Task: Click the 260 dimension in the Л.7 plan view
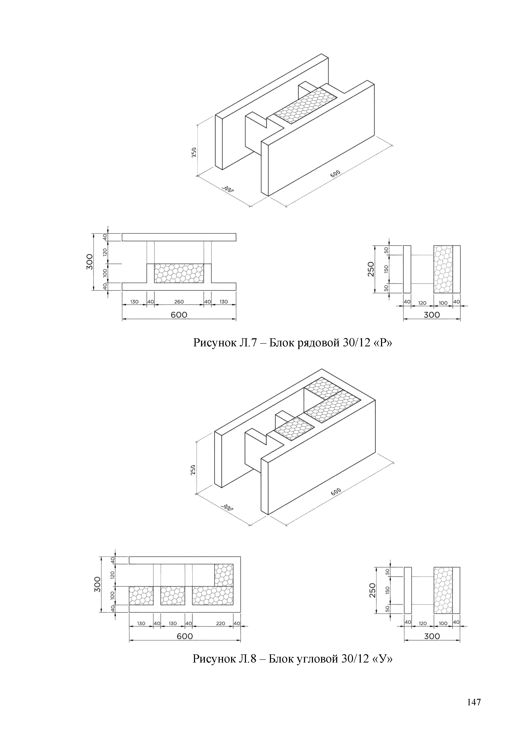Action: (x=179, y=302)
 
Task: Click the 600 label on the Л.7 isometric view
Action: (x=336, y=174)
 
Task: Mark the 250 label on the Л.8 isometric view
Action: (x=193, y=470)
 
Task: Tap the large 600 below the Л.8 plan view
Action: (x=185, y=636)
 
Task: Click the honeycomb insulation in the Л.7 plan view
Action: (x=179, y=273)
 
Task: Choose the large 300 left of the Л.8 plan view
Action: (x=97, y=584)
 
